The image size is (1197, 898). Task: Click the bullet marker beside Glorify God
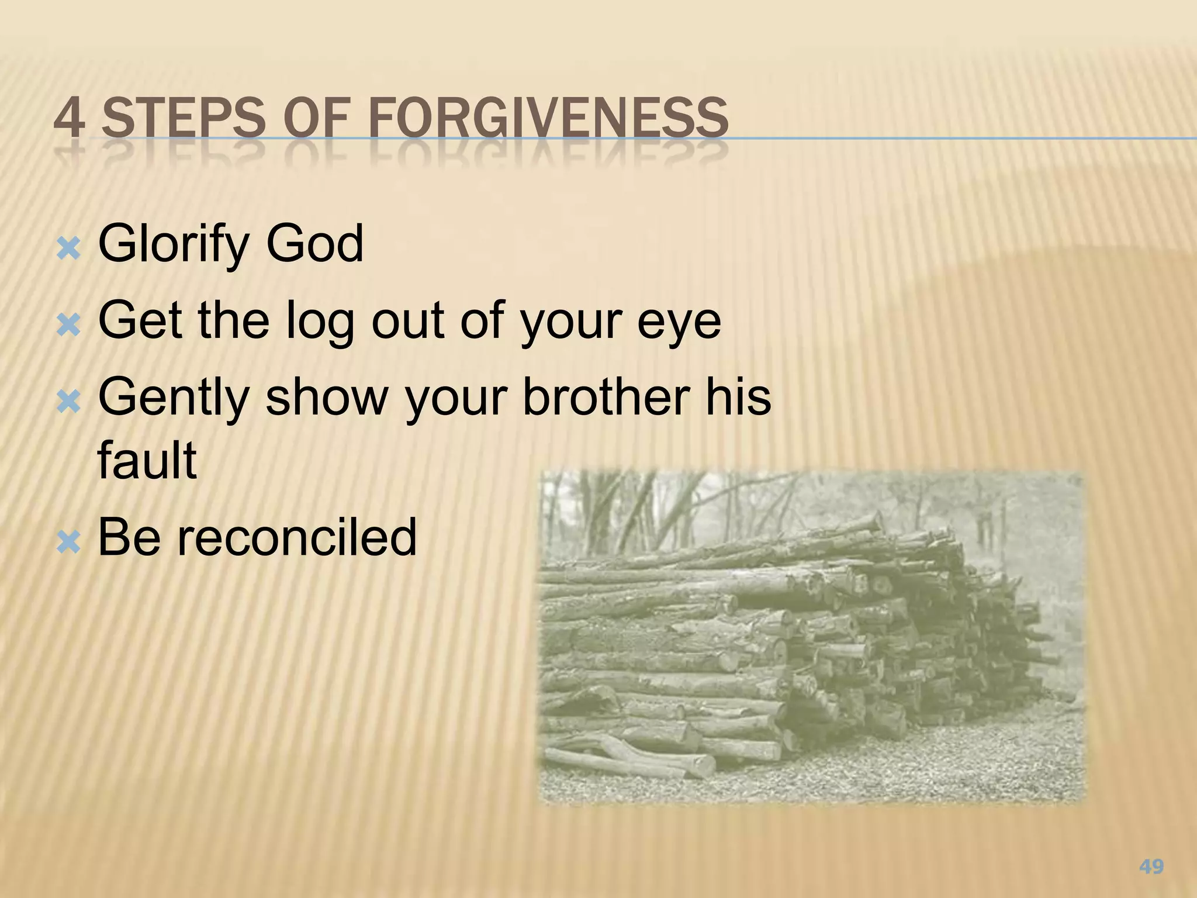(68, 250)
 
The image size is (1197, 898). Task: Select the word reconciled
(297, 537)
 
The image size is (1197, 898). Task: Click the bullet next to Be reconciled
(68, 543)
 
